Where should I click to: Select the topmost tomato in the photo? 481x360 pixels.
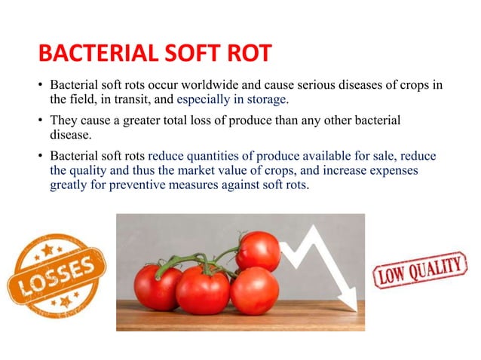[x=258, y=251]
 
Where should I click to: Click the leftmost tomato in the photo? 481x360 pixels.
[x=158, y=287]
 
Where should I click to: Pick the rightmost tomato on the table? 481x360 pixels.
[x=255, y=291]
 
